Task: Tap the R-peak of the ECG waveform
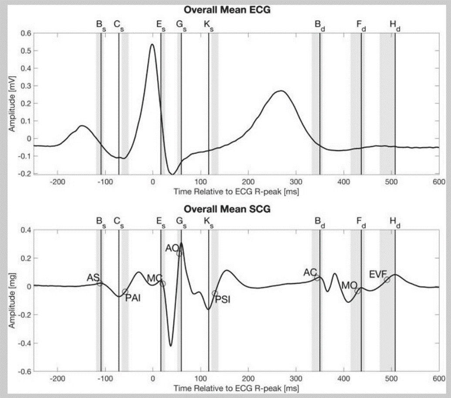pos(152,44)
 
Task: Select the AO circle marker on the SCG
pos(179,253)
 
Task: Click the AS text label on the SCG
pos(92,277)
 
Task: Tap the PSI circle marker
pos(215,293)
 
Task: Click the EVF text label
pos(378,273)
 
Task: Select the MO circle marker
pos(358,291)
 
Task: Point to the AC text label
pos(310,273)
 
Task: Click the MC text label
pos(154,278)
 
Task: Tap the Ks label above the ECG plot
pos(209,24)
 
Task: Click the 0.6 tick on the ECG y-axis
pos(26,34)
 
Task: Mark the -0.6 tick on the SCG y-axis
pos(24,371)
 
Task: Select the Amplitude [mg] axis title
pos(12,300)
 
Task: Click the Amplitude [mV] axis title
pos(12,104)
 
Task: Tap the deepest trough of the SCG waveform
pos(170,346)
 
